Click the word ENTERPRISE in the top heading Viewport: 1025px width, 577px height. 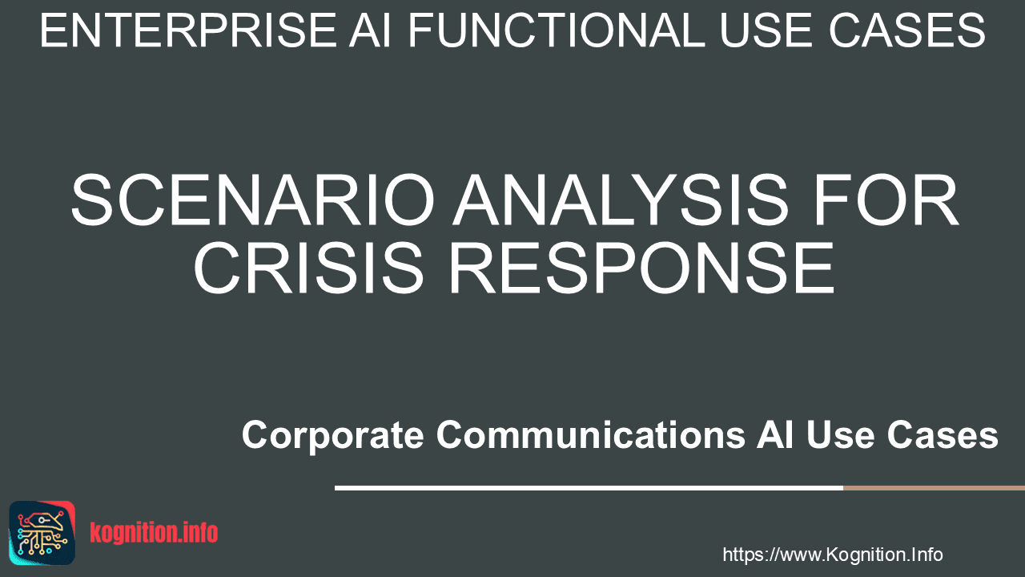click(188, 30)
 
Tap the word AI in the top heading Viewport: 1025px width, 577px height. click(370, 30)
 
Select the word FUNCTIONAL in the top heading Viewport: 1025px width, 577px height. click(556, 30)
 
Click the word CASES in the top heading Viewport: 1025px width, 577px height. click(907, 30)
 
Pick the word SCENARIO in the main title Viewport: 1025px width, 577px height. click(253, 200)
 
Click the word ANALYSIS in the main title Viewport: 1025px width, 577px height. click(621, 200)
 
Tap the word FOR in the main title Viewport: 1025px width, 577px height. click(886, 200)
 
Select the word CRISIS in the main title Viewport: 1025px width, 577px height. click(309, 268)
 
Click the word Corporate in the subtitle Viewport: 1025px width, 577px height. click(332, 435)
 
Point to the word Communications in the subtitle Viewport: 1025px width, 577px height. click(591, 434)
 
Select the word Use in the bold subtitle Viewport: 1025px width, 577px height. click(841, 434)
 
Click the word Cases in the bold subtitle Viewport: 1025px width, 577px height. click(943, 434)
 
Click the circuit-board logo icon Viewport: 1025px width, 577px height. click(42, 533)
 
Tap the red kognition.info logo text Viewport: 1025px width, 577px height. click(154, 533)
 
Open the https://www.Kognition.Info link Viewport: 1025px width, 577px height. click(833, 555)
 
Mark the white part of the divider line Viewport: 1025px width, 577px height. click(589, 488)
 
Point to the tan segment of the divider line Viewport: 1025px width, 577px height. click(934, 488)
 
